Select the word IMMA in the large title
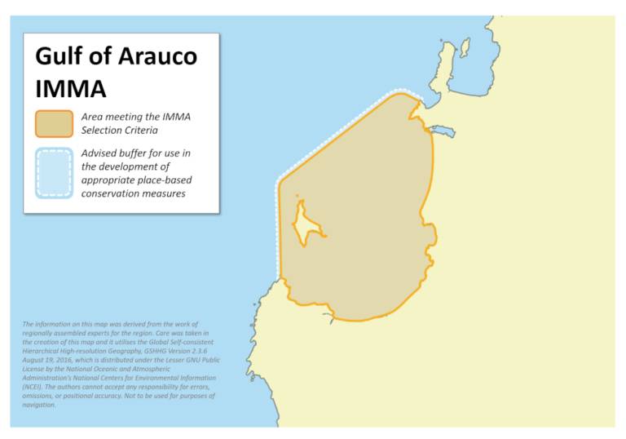[x=70, y=88]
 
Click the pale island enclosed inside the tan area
[x=306, y=223]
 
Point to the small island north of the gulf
[x=465, y=47]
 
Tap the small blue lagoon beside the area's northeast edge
[x=443, y=131]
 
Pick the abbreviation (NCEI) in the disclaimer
[x=35, y=387]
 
